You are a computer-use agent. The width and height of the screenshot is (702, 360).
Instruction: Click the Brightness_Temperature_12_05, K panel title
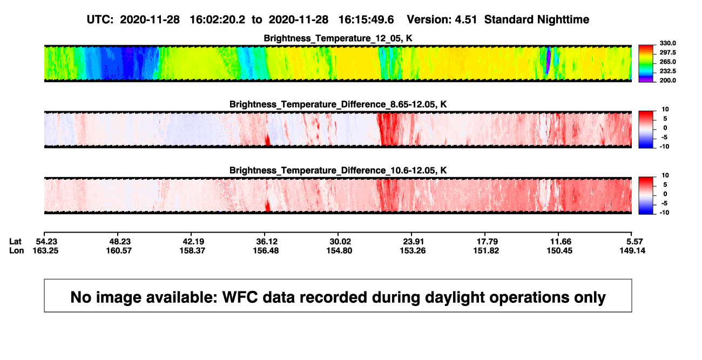(338, 38)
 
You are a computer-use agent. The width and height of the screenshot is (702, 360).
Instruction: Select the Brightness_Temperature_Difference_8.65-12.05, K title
(338, 104)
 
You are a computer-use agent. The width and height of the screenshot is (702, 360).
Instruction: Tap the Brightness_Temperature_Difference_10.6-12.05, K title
(338, 171)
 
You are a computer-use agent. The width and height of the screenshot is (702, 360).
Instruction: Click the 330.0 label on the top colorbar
(667, 43)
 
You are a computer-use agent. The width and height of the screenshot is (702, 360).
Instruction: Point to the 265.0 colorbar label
(667, 62)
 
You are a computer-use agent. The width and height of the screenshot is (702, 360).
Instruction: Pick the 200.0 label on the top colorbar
(667, 80)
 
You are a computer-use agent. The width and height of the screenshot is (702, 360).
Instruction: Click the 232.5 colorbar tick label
(667, 71)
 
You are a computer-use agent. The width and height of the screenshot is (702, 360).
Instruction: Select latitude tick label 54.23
(46, 242)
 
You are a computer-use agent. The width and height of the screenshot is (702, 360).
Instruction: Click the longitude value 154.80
(339, 250)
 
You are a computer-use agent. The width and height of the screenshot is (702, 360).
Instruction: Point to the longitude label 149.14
(632, 250)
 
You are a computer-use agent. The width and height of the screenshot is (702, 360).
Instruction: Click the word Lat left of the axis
(15, 242)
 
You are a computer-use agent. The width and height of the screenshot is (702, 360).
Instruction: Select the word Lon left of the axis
(16, 250)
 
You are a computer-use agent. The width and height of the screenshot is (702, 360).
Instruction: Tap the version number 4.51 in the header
(466, 20)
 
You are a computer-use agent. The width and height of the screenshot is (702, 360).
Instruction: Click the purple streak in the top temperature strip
(548, 60)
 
